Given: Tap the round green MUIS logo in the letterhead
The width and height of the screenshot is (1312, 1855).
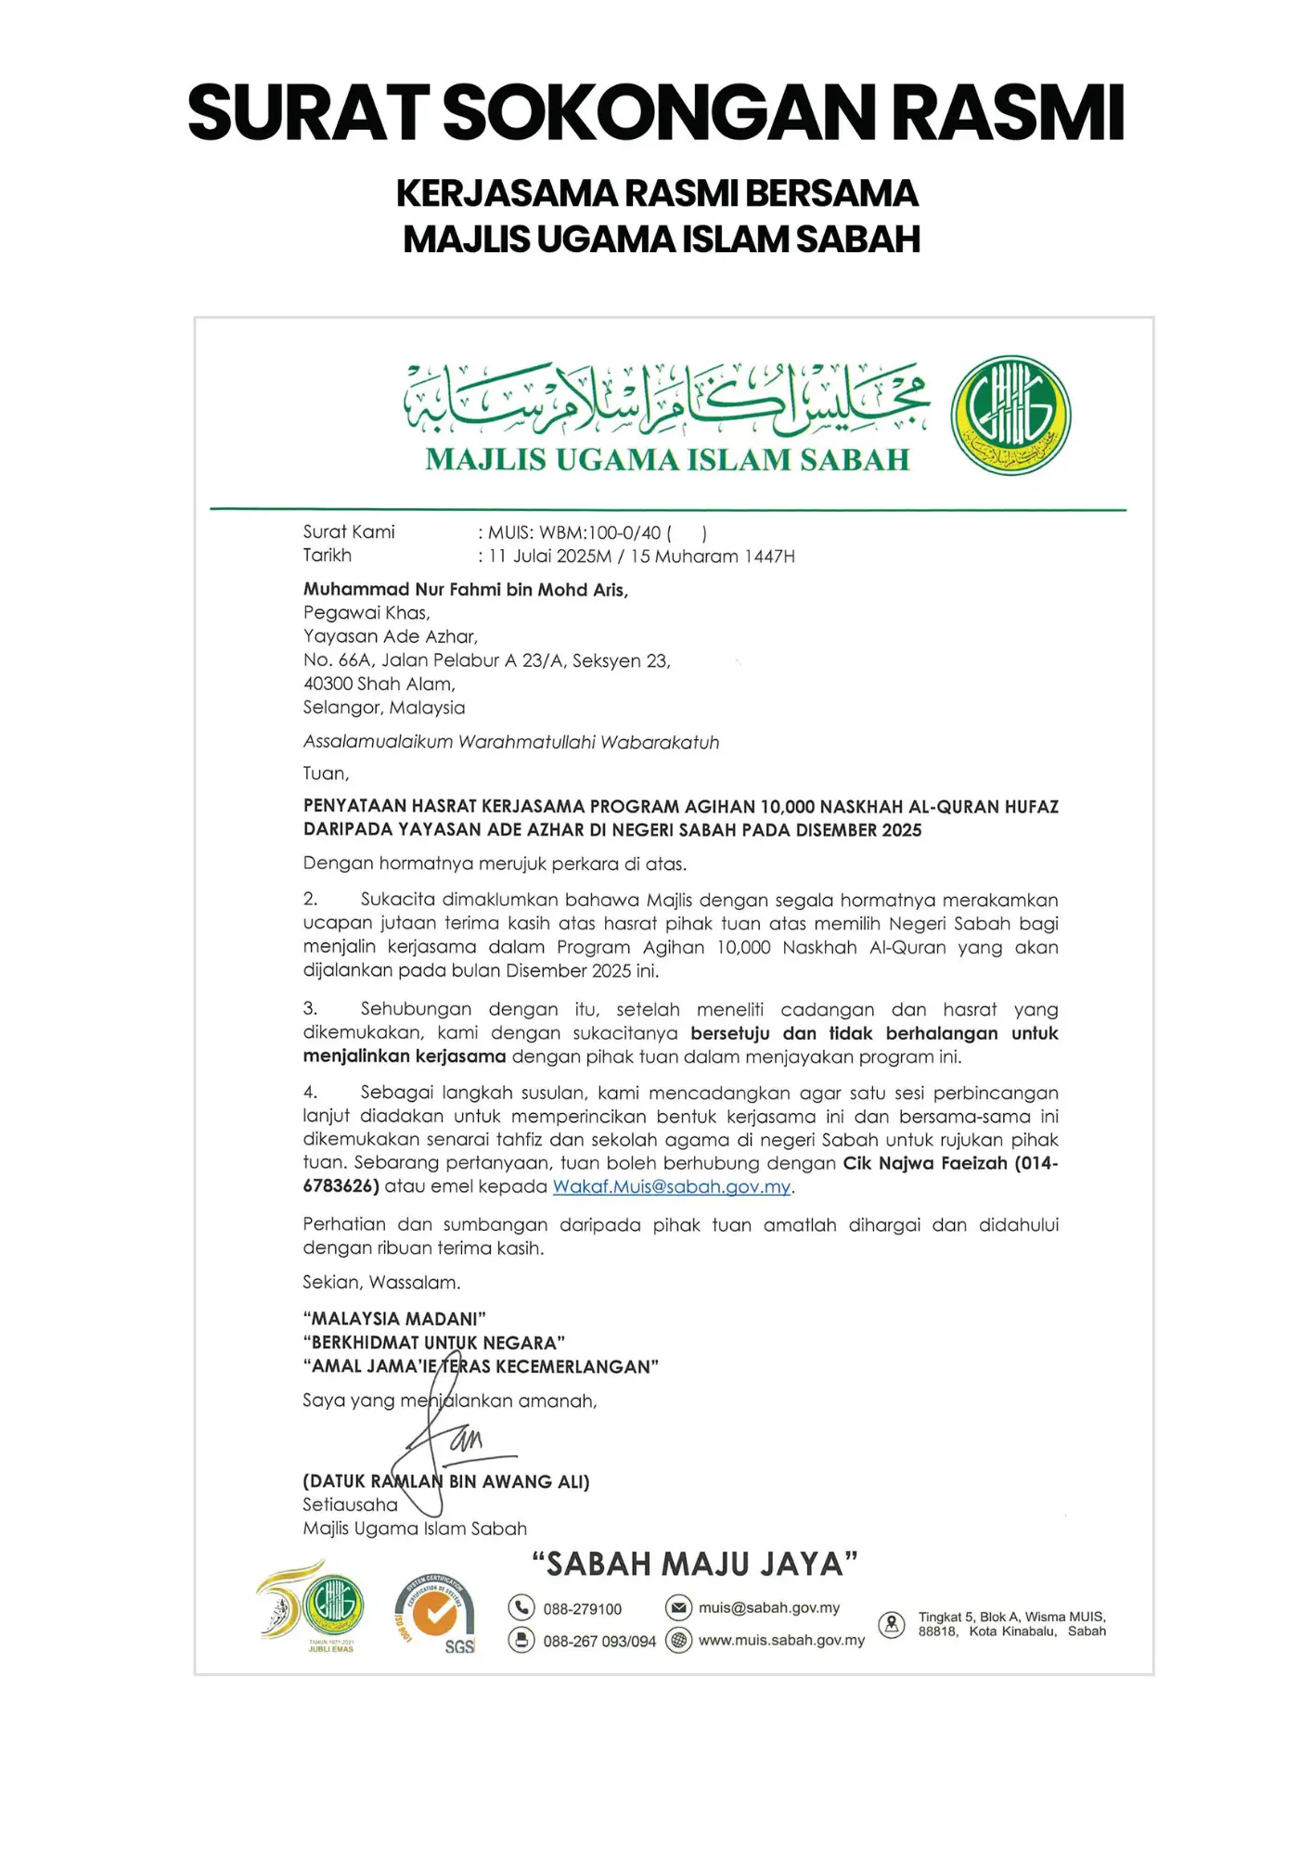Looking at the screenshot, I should click(x=1010, y=415).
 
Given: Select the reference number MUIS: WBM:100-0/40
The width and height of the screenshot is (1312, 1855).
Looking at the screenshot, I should click(x=574, y=532).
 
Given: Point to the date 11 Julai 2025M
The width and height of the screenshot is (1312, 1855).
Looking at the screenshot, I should click(x=550, y=556).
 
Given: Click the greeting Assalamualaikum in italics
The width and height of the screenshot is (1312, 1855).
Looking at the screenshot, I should click(x=378, y=742).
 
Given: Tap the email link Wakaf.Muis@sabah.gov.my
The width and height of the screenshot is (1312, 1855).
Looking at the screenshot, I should click(x=672, y=1187).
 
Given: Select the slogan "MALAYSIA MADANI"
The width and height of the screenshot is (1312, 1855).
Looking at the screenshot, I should click(x=393, y=1319).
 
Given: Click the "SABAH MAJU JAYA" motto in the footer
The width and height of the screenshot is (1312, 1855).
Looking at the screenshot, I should click(x=694, y=1564).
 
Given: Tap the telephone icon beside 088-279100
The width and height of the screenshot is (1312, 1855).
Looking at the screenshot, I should click(x=521, y=1607).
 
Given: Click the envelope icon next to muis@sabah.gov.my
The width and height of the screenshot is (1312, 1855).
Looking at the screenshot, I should click(x=679, y=1606).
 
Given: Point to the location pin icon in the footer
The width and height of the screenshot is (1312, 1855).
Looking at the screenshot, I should click(x=892, y=1624).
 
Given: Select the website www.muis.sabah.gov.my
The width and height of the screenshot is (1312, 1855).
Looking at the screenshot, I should click(x=781, y=1640).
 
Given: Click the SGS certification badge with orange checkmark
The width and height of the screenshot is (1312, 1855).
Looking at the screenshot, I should click(x=435, y=1615).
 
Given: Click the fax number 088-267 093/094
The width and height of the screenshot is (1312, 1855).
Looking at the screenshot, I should click(x=599, y=1641).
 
